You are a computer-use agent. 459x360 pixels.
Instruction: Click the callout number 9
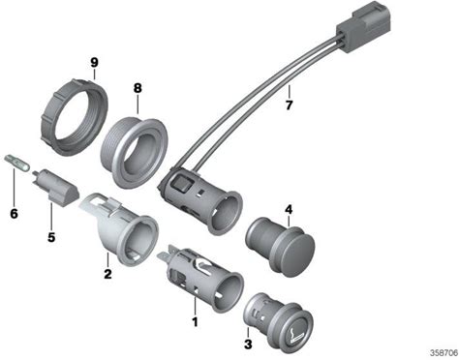coord(94,63)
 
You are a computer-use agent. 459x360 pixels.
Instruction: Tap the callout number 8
coord(138,88)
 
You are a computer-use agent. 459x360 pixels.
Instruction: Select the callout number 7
coord(289,105)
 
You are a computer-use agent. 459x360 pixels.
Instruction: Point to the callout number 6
coord(14,213)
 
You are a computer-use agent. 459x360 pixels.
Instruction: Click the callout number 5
coord(51,237)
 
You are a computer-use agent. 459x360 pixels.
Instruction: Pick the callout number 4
coord(289,210)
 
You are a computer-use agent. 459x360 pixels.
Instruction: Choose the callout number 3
coord(248,344)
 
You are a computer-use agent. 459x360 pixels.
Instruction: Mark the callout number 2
coord(107,274)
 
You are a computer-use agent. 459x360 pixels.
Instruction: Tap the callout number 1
coord(195,321)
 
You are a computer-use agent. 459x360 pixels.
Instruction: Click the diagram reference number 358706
coord(444,351)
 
